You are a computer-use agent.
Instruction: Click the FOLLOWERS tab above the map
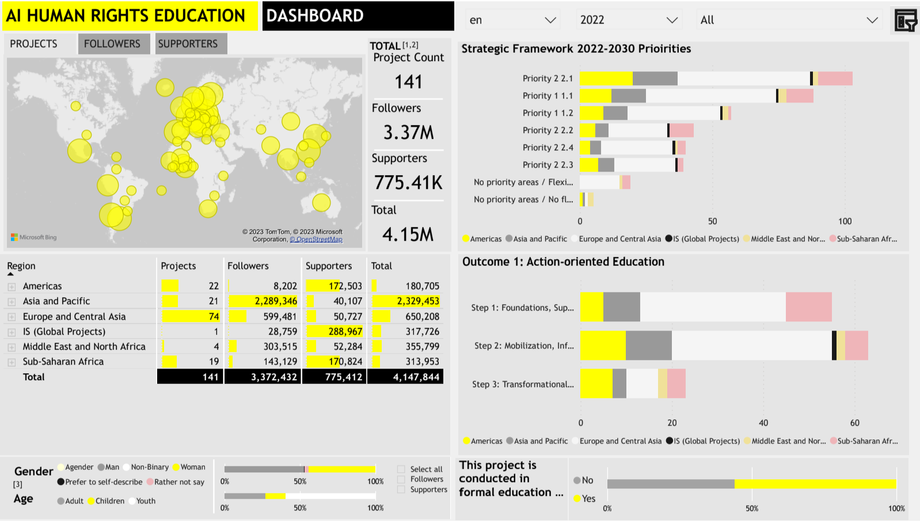tap(112, 44)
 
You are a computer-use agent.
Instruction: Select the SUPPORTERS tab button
tap(188, 44)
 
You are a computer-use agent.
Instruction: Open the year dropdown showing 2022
tap(628, 20)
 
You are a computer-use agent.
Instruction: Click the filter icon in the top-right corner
tap(905, 21)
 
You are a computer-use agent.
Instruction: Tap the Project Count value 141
tap(408, 82)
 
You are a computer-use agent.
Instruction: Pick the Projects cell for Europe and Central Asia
tap(191, 316)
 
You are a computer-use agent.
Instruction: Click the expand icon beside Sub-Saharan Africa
tap(12, 362)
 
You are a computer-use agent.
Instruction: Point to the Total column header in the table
tap(381, 266)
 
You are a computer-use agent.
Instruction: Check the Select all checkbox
tap(401, 469)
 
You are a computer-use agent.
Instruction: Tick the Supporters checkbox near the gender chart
tap(401, 490)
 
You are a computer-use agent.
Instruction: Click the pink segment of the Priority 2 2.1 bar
tap(835, 78)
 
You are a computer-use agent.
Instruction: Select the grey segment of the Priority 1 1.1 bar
tap(628, 96)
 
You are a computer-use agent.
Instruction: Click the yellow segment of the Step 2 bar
tap(603, 346)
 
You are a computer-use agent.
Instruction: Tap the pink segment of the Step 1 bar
tap(808, 307)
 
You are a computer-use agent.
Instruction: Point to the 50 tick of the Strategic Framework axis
tap(713, 221)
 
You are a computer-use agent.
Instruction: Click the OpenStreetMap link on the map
tap(317, 240)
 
